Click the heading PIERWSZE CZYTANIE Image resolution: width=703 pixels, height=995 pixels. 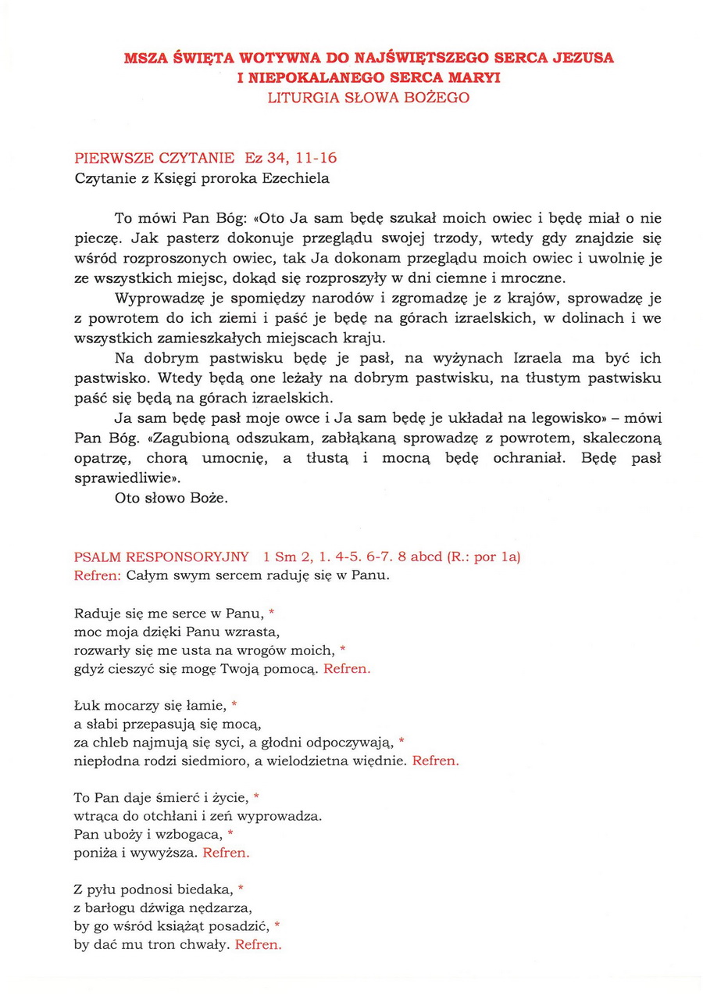pyautogui.click(x=153, y=159)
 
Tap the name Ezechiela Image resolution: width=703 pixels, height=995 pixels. pyautogui.click(x=293, y=178)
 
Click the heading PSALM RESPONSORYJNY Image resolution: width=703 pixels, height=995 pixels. pyautogui.click(x=162, y=557)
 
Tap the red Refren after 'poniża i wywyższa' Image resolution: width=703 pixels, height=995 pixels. pyautogui.click(x=226, y=853)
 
